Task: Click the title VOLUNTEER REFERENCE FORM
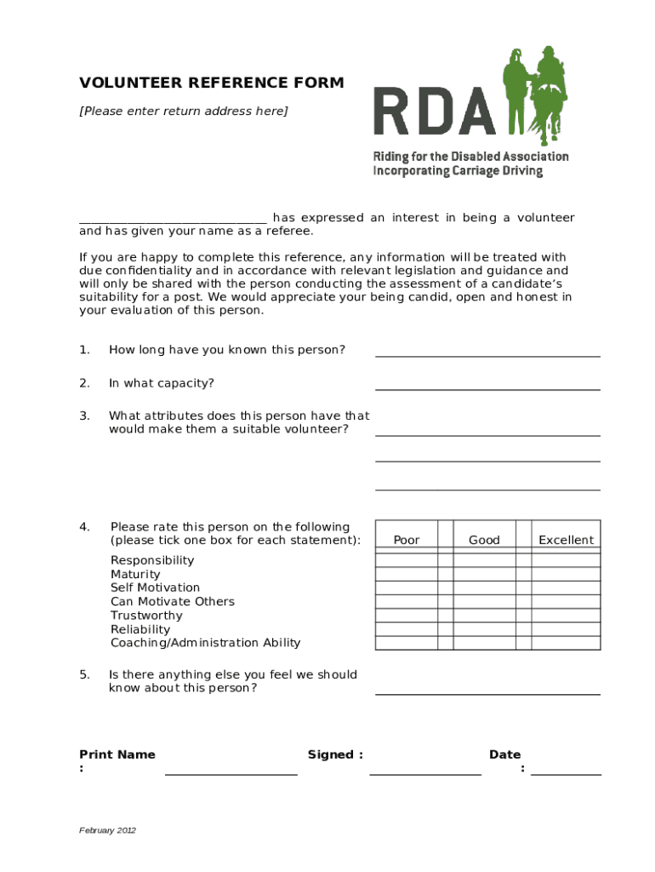coord(212,83)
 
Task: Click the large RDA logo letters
coord(434,112)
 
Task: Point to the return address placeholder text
coord(184,111)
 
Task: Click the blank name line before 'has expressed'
coord(173,219)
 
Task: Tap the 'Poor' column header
coord(407,540)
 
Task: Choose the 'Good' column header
coord(484,540)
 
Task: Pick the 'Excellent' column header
coord(566,540)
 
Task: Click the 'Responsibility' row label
coord(152,560)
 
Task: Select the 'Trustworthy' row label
coord(146,616)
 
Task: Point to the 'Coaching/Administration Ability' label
coord(205,643)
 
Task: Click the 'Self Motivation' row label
coord(155,588)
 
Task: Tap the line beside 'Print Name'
coord(231,772)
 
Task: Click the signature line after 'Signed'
coord(425,772)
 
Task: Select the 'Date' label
coord(504,754)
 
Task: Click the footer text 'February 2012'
coord(107,830)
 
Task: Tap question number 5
coord(84,674)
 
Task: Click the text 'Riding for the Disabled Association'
coord(470,157)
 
